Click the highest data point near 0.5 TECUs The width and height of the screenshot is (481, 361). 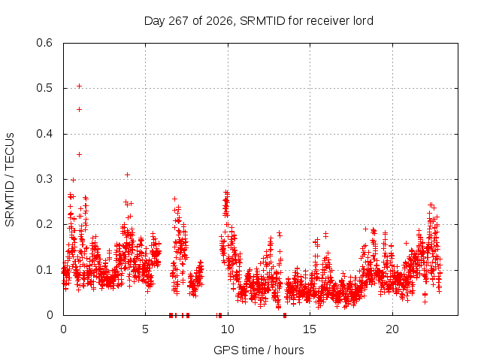[79, 86]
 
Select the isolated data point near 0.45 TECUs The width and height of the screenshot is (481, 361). [79, 110]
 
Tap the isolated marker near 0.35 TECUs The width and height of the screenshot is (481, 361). [79, 154]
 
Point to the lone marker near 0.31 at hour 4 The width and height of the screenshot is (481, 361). [127, 175]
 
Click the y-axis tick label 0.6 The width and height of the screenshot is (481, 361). [44, 43]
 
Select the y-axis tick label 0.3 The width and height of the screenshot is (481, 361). [44, 179]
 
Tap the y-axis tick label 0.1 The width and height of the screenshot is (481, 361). [44, 270]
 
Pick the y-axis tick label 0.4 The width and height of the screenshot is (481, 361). [44, 134]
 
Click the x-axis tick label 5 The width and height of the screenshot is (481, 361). [145, 329]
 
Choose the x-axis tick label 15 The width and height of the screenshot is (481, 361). [310, 329]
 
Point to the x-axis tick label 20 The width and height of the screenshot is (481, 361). [392, 329]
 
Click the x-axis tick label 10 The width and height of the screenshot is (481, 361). [228, 329]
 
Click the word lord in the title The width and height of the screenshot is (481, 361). [362, 21]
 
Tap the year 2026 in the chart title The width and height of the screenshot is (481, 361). [219, 21]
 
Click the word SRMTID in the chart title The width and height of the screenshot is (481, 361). [262, 21]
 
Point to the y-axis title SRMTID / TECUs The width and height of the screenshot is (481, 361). [10, 180]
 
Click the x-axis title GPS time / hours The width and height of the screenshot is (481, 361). [259, 350]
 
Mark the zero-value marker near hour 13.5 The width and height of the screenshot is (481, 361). [285, 315]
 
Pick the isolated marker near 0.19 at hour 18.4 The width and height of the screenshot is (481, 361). [365, 229]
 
